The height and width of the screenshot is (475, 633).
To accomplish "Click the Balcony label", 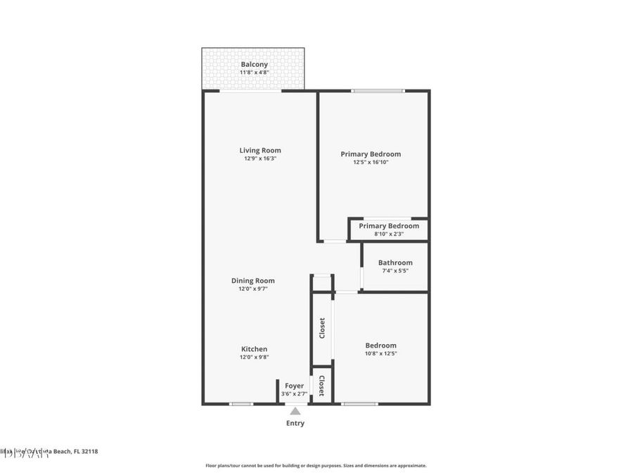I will pyautogui.click(x=254, y=64).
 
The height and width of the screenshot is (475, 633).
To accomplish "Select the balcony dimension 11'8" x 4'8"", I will pyautogui.click(x=254, y=72).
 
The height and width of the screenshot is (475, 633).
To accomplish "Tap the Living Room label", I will pyautogui.click(x=260, y=150).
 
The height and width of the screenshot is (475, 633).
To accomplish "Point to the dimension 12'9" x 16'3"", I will pyautogui.click(x=260, y=158).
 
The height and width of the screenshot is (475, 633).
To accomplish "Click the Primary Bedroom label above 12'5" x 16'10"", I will pyautogui.click(x=371, y=154).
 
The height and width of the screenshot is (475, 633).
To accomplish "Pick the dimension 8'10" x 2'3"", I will pyautogui.click(x=389, y=234).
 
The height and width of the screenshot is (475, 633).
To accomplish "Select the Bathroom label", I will pyautogui.click(x=395, y=262).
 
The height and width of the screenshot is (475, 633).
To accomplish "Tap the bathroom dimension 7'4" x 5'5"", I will pyautogui.click(x=395, y=271).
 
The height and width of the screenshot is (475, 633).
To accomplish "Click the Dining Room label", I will pyautogui.click(x=253, y=281).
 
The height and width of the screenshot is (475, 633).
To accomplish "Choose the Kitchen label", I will pyautogui.click(x=254, y=349).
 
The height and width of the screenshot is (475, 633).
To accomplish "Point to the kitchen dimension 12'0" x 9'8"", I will pyautogui.click(x=254, y=357).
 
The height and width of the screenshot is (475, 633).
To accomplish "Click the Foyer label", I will pyautogui.click(x=294, y=386).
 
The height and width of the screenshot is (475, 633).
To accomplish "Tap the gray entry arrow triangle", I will pyautogui.click(x=295, y=411).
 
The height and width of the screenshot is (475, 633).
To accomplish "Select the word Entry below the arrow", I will pyautogui.click(x=295, y=423).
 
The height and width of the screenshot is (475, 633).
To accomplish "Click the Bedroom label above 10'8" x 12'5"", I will pyautogui.click(x=381, y=346).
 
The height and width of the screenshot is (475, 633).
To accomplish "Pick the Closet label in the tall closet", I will pyautogui.click(x=322, y=328).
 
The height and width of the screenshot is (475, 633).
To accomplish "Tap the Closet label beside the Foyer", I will pyautogui.click(x=321, y=385).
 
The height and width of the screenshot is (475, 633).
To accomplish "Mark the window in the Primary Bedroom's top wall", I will pyautogui.click(x=378, y=91).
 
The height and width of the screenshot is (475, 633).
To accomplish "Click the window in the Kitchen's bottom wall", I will pyautogui.click(x=241, y=404).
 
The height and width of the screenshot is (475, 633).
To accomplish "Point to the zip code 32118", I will pyautogui.click(x=89, y=451).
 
